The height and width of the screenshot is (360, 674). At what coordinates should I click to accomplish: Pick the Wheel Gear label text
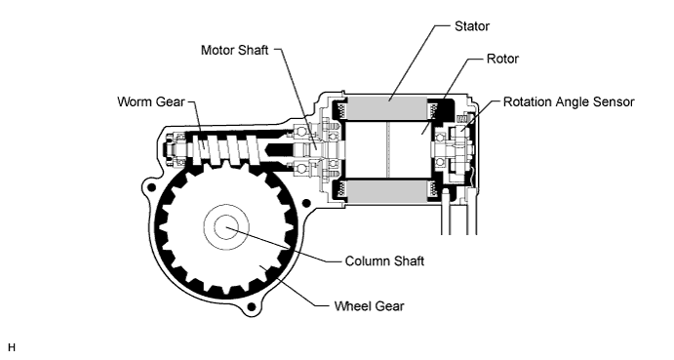click(x=370, y=305)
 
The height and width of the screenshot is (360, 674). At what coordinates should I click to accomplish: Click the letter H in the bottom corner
click(x=12, y=346)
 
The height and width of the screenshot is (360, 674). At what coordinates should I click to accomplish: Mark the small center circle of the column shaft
click(x=224, y=226)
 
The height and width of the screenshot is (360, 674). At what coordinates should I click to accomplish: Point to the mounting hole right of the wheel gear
click(x=310, y=201)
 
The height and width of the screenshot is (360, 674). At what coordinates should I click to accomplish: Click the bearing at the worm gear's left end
click(x=178, y=149)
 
